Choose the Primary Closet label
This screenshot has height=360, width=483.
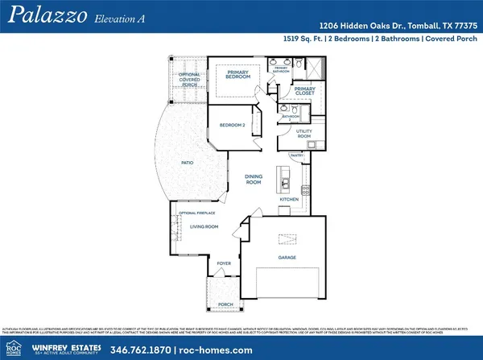(x=304, y=90)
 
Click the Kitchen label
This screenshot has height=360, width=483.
(x=289, y=199)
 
